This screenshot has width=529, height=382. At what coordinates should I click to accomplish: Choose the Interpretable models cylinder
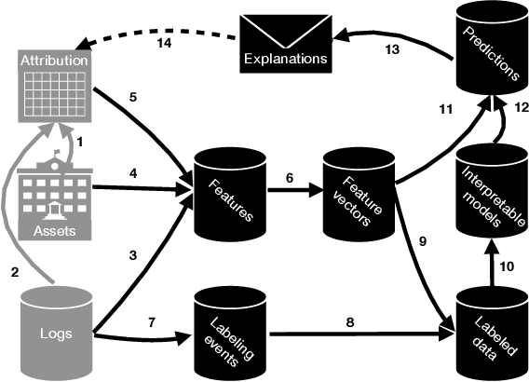[x=490, y=195]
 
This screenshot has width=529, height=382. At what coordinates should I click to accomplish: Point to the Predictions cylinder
[x=490, y=50]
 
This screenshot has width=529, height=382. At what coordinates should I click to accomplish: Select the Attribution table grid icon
[x=56, y=89]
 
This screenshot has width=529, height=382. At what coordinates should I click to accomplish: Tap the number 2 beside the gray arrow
[x=13, y=272]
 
